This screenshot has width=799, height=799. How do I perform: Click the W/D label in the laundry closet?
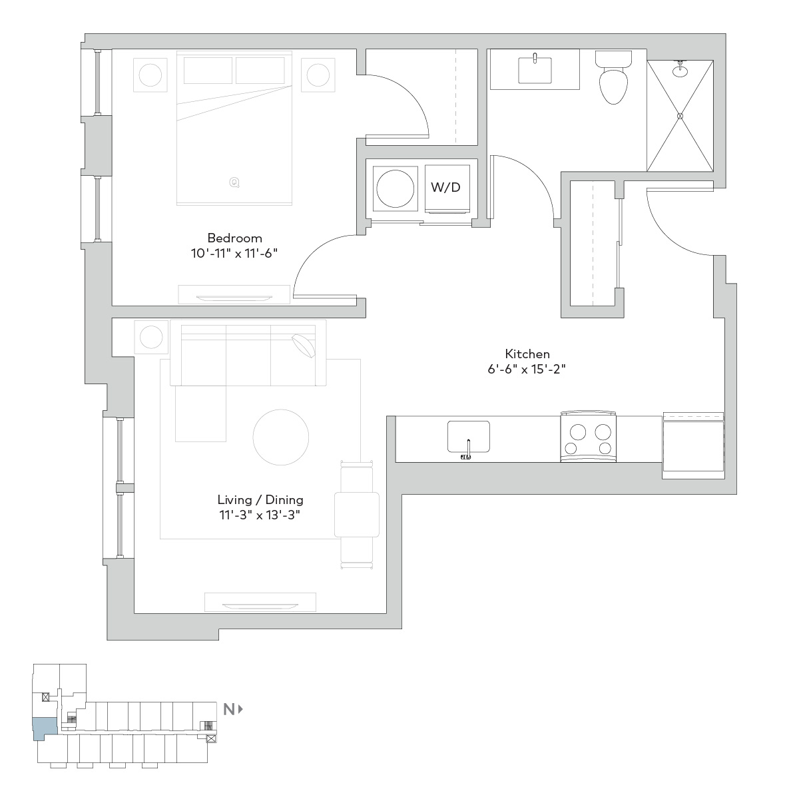[x=445, y=187]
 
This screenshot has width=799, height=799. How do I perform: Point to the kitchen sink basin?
[x=469, y=437]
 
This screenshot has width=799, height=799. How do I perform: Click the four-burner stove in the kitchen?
[x=588, y=436]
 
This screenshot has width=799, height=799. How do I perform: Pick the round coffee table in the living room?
[x=281, y=437]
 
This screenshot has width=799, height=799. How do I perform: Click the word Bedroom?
[x=234, y=238]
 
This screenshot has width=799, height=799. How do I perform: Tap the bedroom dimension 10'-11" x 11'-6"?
[x=234, y=253]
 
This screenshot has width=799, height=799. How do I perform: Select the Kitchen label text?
[x=527, y=354]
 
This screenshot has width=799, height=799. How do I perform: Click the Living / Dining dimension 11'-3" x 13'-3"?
[x=260, y=515]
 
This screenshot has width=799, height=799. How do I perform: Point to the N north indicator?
[x=233, y=709]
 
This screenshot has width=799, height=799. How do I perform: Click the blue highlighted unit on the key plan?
[x=44, y=729]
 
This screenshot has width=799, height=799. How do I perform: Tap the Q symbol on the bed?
[x=234, y=182]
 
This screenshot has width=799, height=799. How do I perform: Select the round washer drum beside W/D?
[x=395, y=188]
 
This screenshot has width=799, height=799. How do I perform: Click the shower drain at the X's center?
[x=680, y=116]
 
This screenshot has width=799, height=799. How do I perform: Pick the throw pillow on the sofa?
[x=304, y=346]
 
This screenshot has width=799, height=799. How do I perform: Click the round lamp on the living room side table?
[x=151, y=337]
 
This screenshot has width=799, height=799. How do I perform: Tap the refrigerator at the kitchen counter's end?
[x=693, y=445]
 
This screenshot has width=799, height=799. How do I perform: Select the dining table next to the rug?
[x=357, y=515]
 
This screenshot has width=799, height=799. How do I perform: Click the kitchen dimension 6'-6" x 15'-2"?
[x=527, y=369]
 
